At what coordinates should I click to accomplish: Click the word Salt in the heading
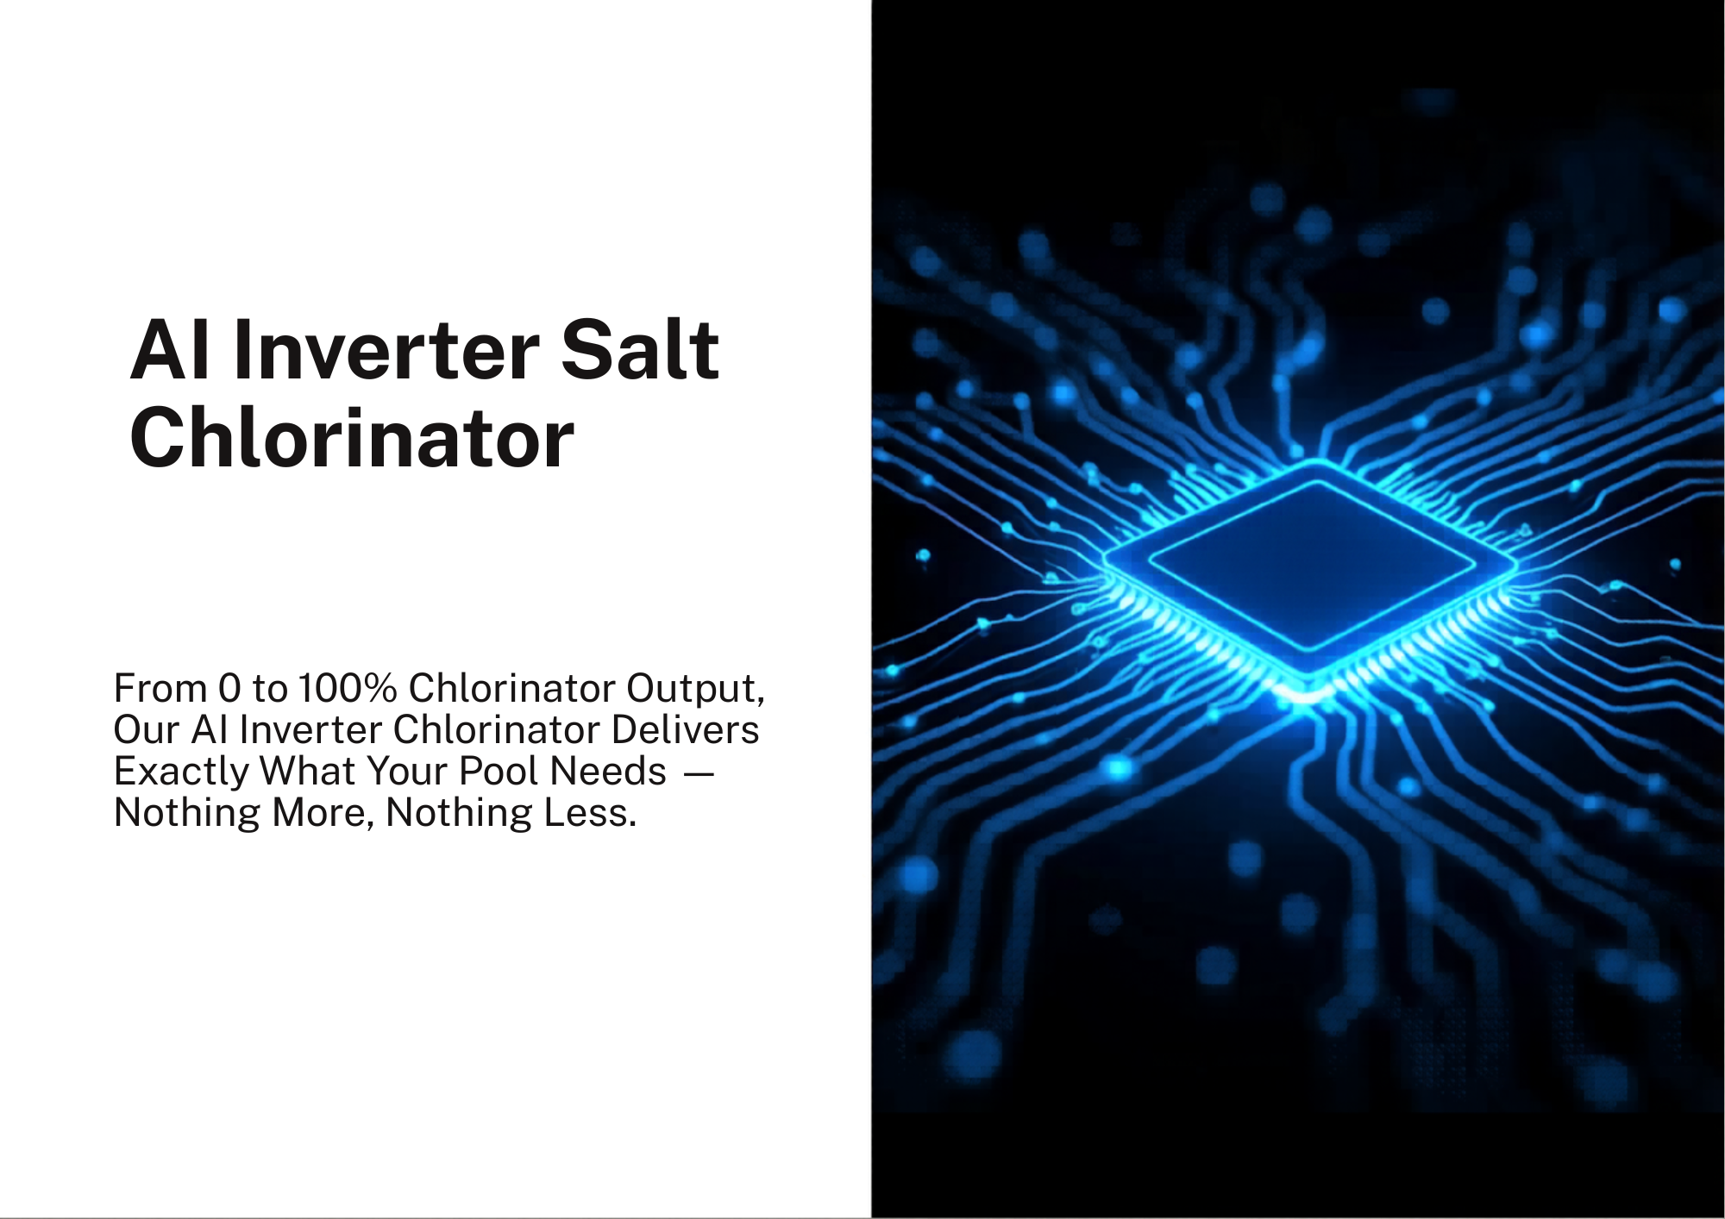[x=640, y=350]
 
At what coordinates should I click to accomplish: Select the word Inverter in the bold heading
[x=386, y=350]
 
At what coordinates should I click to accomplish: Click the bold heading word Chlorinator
[x=352, y=438]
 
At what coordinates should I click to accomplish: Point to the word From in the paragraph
[x=160, y=689]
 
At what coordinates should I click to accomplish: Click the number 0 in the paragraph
[x=229, y=689]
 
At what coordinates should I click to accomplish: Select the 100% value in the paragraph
[x=348, y=689]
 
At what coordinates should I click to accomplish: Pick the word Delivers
[x=685, y=730]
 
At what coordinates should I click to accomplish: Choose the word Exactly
[x=181, y=772]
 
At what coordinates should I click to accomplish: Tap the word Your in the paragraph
[x=407, y=772]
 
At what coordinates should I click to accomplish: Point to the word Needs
[x=608, y=772]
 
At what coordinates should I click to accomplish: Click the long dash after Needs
[x=699, y=773]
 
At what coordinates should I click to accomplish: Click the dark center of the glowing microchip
[x=1311, y=565]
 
